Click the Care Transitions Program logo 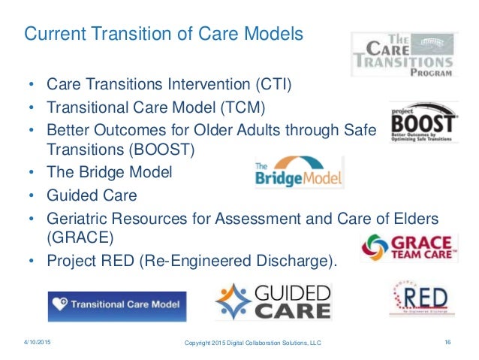tap(405, 54)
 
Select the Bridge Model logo tap(299, 173)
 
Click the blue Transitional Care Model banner tap(116, 306)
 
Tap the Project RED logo tap(416, 299)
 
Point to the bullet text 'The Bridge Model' tap(110, 171)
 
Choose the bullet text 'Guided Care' tap(92, 195)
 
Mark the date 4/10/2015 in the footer tap(38, 343)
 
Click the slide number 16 tap(447, 343)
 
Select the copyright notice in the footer tap(253, 343)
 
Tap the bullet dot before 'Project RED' tap(32, 262)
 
